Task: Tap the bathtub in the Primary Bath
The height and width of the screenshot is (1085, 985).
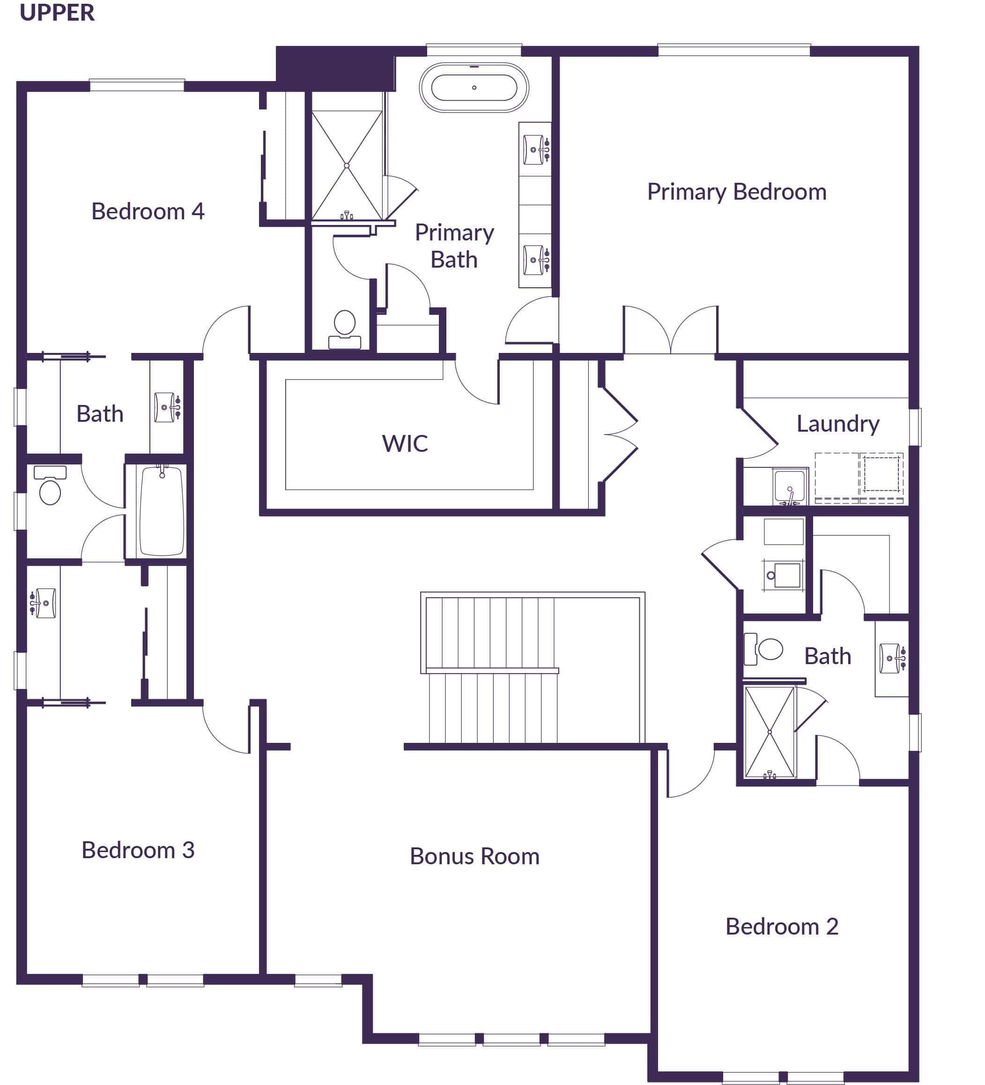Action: (474, 88)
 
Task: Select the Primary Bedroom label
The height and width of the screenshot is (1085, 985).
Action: (736, 192)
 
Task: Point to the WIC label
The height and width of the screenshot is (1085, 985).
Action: (405, 444)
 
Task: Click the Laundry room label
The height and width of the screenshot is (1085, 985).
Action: (837, 424)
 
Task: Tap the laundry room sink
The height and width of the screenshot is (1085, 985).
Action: (789, 486)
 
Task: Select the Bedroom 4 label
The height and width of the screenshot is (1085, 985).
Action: (148, 211)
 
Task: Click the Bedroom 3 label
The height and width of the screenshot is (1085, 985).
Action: (138, 850)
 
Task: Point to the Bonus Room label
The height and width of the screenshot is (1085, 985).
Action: (474, 856)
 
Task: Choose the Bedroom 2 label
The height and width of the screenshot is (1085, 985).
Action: (781, 927)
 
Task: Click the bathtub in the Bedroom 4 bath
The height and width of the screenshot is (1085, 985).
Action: (162, 511)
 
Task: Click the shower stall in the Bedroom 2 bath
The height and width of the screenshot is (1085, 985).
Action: (769, 732)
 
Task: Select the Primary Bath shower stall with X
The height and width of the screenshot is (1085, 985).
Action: (347, 165)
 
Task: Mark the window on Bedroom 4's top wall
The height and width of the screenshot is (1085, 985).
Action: (137, 85)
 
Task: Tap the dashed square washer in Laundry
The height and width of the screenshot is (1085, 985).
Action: (881, 474)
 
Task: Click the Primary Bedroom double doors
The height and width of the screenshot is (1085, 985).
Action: (670, 331)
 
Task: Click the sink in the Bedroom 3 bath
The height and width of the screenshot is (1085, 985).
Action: (44, 603)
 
